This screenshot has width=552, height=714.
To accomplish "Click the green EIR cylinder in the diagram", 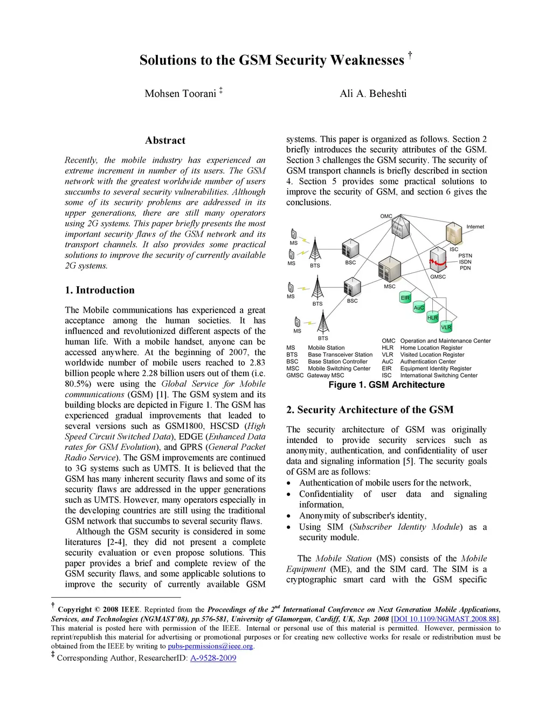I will click(405, 297).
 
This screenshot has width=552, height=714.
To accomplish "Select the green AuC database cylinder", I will click(419, 308).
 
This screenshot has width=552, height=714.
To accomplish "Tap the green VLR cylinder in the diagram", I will click(446, 327).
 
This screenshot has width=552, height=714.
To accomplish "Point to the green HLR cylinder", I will click(432, 317).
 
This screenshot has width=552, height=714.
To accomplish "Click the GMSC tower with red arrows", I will click(438, 261).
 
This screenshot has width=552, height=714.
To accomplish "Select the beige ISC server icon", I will click(454, 233).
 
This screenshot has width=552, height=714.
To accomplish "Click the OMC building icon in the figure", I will click(398, 228).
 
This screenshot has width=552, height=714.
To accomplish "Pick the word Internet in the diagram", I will click(475, 227).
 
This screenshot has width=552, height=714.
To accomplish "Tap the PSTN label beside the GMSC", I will click(465, 255).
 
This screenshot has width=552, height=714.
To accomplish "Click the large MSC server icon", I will click(390, 268).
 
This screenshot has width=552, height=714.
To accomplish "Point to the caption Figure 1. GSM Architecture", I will click(387, 385).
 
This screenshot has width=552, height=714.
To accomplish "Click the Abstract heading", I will click(165, 141).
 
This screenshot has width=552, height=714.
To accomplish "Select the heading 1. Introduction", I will click(100, 290).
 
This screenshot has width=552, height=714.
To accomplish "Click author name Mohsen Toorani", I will click(180, 94).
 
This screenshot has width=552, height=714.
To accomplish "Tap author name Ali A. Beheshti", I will click(373, 94).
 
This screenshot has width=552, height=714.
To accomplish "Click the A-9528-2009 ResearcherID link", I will click(213, 658).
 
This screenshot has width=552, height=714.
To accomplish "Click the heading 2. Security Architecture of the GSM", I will click(370, 410).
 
